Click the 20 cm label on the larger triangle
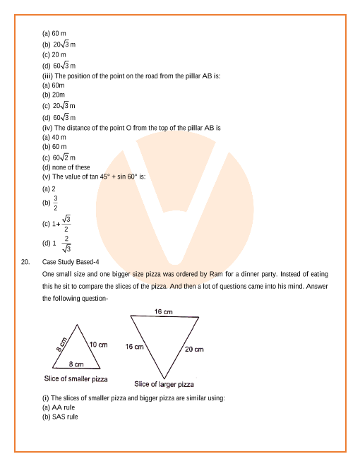coord(194,349)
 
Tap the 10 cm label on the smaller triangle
coord(98,345)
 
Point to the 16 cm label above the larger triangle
coord(164,311)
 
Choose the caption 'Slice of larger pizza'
coord(164,384)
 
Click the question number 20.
coord(25,262)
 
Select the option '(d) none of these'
coord(66,167)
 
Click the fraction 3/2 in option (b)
coord(56,203)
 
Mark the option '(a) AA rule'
coord(59,407)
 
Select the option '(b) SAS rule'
coord(60,417)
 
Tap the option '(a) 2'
coord(49,189)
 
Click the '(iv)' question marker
coord(48,128)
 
